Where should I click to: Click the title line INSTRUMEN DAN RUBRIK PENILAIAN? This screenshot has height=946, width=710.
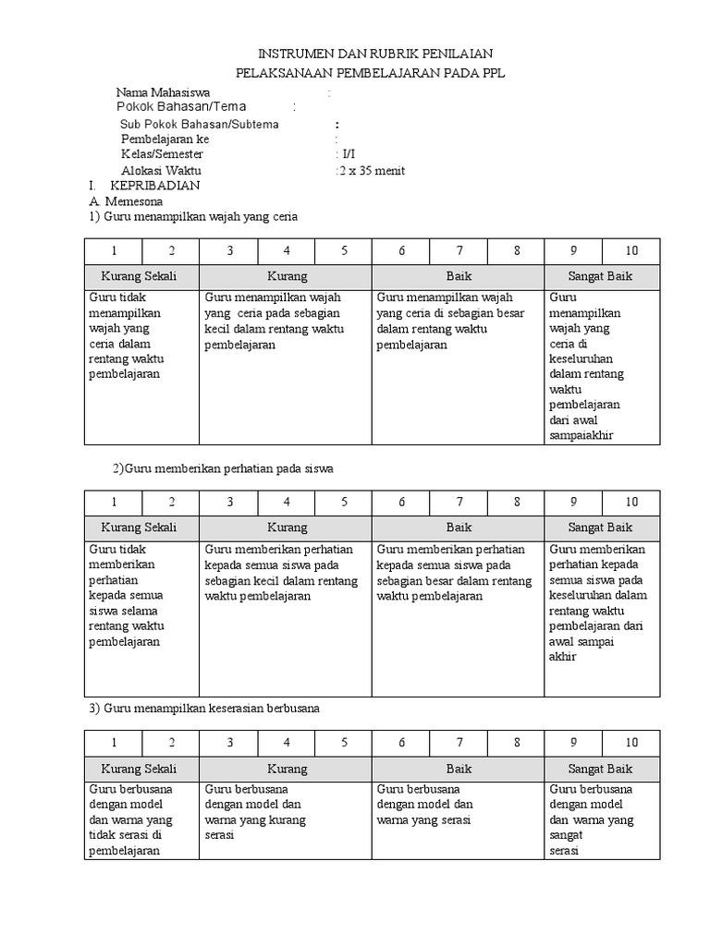[x=374, y=55]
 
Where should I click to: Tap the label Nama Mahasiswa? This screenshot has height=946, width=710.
[x=163, y=92]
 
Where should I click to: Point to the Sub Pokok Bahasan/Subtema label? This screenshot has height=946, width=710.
[x=199, y=124]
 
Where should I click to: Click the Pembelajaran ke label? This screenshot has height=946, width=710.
[x=165, y=139]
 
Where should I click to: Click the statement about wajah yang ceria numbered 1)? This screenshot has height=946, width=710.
[x=194, y=216]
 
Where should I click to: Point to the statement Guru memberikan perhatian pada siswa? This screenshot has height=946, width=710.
[x=222, y=469]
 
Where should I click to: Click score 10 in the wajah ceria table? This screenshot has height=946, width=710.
[x=631, y=251]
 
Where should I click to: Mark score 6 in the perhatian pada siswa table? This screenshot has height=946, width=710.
[x=401, y=503]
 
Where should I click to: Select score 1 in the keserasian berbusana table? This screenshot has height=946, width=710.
[x=114, y=743]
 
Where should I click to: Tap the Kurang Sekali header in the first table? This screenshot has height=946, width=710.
[x=141, y=276]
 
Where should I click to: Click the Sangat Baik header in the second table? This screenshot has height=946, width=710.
[x=602, y=528]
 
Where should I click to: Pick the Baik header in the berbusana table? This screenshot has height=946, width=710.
[x=459, y=769]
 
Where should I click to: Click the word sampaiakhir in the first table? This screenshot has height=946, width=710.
[x=581, y=434]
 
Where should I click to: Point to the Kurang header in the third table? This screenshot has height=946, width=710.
[x=287, y=769]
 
